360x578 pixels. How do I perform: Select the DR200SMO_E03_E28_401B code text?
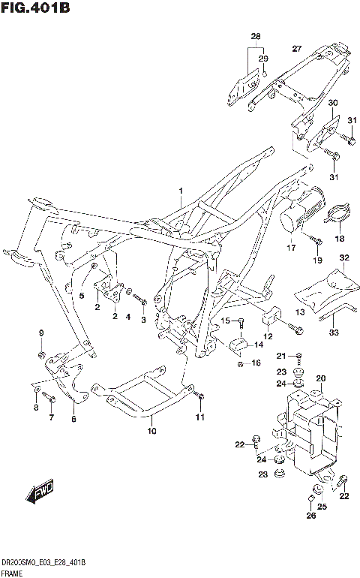point(43,563)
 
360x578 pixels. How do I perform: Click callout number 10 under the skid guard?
point(151,431)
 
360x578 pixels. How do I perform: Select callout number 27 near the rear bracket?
point(296,50)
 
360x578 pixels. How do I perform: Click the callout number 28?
point(255,37)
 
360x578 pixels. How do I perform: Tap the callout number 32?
point(344,258)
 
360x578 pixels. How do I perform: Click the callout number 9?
point(42,333)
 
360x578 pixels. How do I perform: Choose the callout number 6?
point(73,419)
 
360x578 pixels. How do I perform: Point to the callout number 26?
point(310,516)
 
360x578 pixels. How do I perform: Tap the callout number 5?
point(82,296)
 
